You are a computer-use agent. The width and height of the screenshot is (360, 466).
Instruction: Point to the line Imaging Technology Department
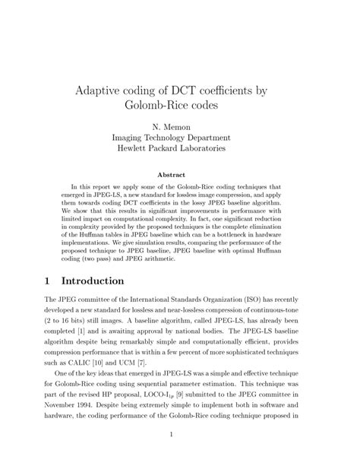(180, 137)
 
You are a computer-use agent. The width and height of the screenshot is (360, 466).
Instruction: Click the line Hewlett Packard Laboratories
(180, 149)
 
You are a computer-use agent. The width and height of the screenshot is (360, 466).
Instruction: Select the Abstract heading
(180, 173)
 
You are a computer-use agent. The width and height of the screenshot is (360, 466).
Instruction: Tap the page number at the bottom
(180, 434)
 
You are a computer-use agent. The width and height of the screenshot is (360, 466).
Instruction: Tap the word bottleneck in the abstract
(259, 237)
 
